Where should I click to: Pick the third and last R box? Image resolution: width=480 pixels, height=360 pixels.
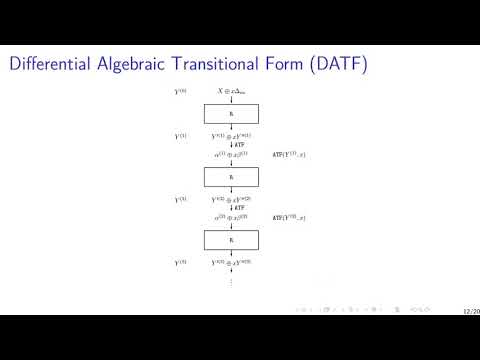pyautogui.click(x=231, y=240)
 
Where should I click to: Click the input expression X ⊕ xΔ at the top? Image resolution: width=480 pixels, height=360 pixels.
pyautogui.click(x=231, y=91)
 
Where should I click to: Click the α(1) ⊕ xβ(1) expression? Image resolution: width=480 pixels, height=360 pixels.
pyautogui.click(x=231, y=155)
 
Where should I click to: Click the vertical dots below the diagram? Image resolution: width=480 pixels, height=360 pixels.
pyautogui.click(x=231, y=281)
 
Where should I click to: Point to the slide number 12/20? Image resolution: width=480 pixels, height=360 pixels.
pyautogui.click(x=470, y=310)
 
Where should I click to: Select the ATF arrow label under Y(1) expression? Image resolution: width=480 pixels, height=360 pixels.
pyautogui.click(x=239, y=145)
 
